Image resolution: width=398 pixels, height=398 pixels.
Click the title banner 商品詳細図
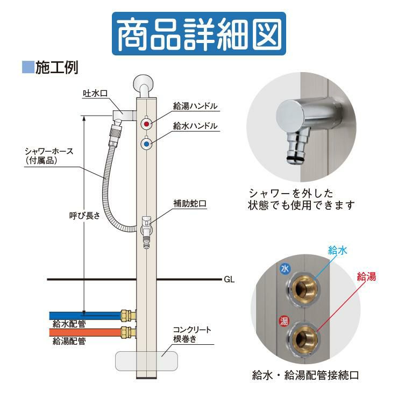(x=199, y=33)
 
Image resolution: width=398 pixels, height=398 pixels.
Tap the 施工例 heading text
(x=56, y=67)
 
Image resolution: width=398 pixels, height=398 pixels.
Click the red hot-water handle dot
(x=146, y=124)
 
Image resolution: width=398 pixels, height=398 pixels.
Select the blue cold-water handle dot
(x=146, y=144)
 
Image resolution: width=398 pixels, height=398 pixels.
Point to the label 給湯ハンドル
(x=195, y=106)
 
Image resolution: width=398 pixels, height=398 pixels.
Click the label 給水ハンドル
(x=195, y=126)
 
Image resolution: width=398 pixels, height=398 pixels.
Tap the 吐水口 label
(x=95, y=94)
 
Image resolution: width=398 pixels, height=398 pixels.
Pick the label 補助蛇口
(x=190, y=203)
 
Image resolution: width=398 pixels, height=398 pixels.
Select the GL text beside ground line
(x=229, y=280)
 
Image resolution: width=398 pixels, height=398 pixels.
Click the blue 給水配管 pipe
(x=86, y=316)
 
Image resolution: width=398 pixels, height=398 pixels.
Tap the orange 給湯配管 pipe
(x=86, y=332)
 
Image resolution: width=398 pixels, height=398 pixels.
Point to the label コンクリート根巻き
(x=192, y=334)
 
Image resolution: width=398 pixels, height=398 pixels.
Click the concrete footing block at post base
(x=126, y=361)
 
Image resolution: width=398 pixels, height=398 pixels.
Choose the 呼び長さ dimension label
(x=85, y=216)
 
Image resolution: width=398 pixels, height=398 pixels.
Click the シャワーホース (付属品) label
(x=49, y=156)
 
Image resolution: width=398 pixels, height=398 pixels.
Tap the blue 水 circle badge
(x=285, y=269)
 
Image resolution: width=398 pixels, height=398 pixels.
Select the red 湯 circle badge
(x=285, y=321)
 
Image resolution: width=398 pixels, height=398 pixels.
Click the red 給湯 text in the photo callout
(x=366, y=276)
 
